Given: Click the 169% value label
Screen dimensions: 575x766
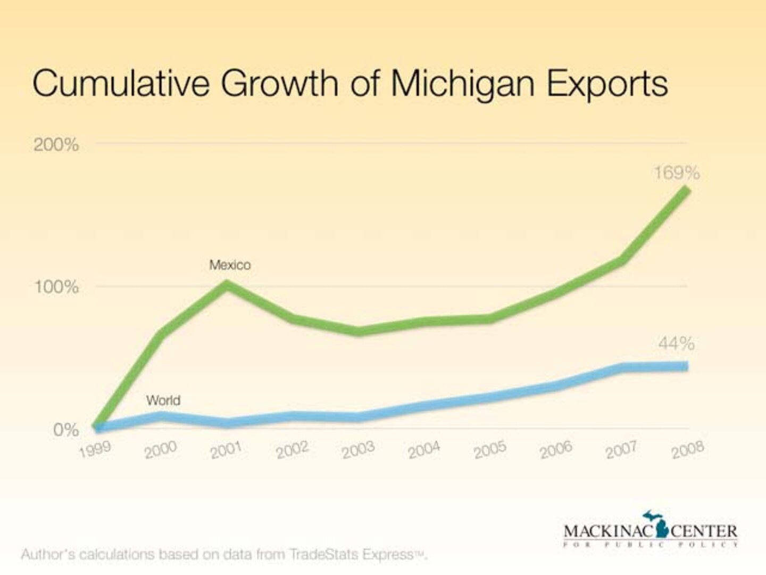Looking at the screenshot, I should pyautogui.click(x=677, y=173).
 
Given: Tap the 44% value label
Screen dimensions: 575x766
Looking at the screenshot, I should pyautogui.click(x=676, y=344).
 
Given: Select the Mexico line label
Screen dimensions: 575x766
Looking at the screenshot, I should pyautogui.click(x=230, y=265).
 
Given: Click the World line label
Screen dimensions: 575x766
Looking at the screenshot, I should pyautogui.click(x=163, y=400).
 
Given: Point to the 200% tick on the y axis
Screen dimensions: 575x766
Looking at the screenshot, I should pyautogui.click(x=56, y=144).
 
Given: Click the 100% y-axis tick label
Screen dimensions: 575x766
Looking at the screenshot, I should pyautogui.click(x=56, y=287).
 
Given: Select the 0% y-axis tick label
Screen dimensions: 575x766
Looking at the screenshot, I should pyautogui.click(x=66, y=430).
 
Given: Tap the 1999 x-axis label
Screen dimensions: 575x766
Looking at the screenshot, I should pyautogui.click(x=95, y=449).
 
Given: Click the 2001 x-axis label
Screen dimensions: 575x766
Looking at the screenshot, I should pyautogui.click(x=226, y=450).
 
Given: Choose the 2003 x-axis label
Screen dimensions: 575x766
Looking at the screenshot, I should pyautogui.click(x=358, y=450).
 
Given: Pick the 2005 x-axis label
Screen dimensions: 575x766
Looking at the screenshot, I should pyautogui.click(x=490, y=450).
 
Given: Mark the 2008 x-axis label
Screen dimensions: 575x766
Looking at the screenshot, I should pyautogui.click(x=687, y=450).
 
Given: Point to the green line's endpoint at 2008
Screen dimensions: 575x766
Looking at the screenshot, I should pyautogui.click(x=687, y=190).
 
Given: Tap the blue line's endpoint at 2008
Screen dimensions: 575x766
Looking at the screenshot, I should pyautogui.click(x=686, y=366).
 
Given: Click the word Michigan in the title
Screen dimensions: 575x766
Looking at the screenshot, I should pyautogui.click(x=462, y=84).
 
